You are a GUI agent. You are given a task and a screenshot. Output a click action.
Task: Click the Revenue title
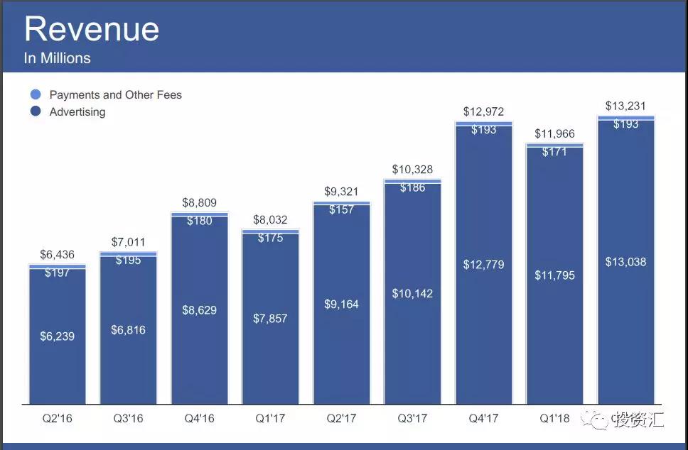(92, 30)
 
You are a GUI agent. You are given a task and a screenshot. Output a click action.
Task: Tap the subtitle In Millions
(58, 58)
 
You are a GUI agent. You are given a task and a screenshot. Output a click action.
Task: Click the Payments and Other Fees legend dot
(36, 94)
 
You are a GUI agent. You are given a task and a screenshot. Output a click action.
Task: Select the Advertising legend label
(77, 112)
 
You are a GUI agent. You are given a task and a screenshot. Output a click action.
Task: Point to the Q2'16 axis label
(57, 418)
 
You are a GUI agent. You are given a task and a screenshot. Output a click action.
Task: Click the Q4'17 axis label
(483, 418)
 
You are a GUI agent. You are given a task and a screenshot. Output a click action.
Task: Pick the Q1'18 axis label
(554, 418)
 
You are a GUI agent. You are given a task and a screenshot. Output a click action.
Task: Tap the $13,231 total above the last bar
(625, 106)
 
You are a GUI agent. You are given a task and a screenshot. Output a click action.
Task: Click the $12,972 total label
(483, 111)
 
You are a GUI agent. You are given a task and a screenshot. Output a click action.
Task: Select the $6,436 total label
(57, 254)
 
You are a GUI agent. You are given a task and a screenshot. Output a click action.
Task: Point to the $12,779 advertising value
(483, 265)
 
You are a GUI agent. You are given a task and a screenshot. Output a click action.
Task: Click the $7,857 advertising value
(270, 319)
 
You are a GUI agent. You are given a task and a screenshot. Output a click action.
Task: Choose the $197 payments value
(57, 273)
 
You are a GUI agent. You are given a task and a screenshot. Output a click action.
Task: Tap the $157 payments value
(341, 210)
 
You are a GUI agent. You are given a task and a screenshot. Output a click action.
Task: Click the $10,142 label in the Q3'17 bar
(412, 293)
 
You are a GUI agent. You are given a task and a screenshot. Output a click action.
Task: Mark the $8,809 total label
(199, 203)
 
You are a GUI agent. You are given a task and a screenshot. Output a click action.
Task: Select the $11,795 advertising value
(554, 275)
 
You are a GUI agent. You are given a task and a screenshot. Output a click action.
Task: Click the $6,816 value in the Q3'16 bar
(128, 330)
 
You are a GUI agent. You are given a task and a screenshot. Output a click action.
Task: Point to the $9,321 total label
(341, 192)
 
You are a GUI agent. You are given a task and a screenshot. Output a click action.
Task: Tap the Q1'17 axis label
(270, 418)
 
